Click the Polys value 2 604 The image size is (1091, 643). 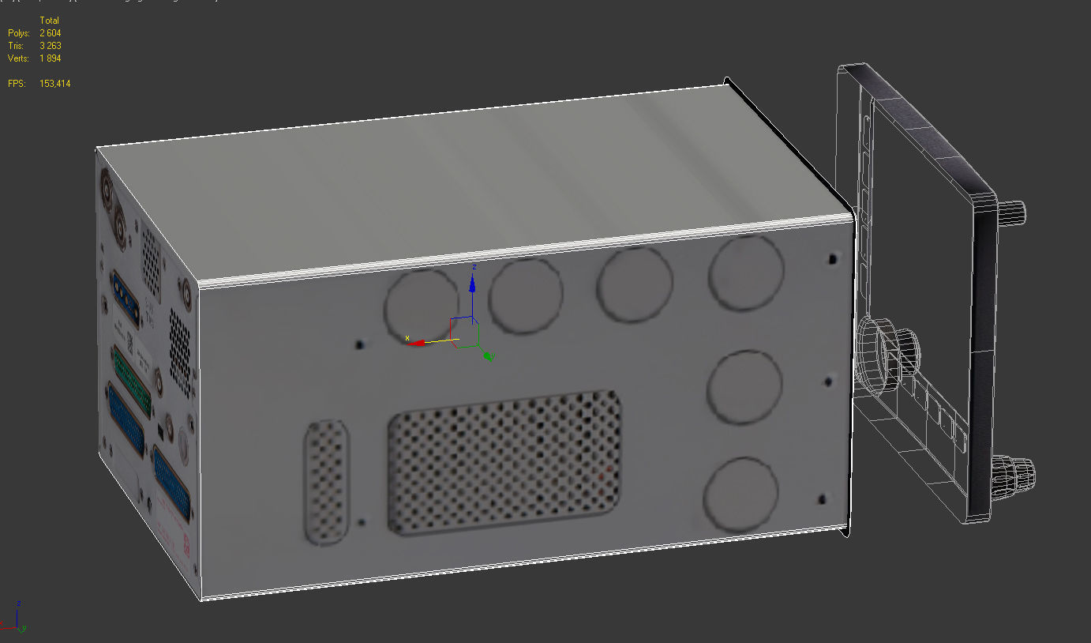50,33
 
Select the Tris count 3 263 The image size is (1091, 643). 50,46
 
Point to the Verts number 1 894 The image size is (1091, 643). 50,58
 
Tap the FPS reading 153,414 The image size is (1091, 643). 54,84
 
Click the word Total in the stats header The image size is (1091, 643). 49,21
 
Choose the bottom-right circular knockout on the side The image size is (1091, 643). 740,494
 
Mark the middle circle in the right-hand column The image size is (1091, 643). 744,386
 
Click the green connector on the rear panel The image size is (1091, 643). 132,378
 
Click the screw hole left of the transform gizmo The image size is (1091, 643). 360,344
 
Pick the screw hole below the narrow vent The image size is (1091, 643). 362,523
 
